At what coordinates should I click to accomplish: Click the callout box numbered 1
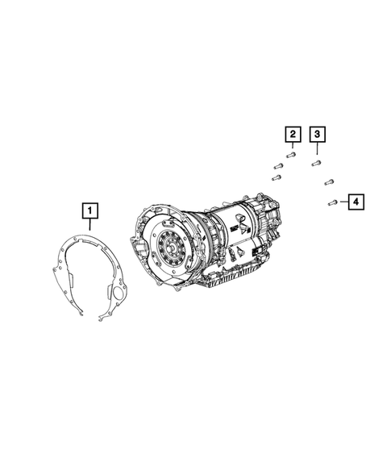coord(90,210)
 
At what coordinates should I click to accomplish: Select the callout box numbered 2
coord(293,134)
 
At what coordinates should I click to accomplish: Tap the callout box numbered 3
coord(317,134)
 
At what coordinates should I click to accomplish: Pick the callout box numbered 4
coord(356,202)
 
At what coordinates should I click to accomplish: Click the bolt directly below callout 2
coord(291,155)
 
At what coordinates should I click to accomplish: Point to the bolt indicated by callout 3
coord(316,163)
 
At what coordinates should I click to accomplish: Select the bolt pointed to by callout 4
coord(332,202)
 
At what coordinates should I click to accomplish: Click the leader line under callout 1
coord(89,224)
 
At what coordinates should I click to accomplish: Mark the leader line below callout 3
coord(317,148)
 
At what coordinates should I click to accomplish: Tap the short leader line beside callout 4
coord(343,202)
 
